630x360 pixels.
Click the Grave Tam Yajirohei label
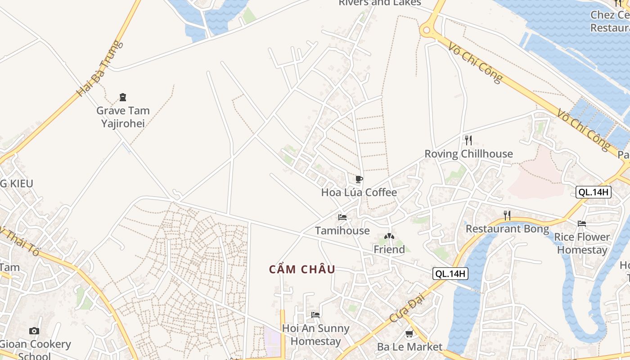123,117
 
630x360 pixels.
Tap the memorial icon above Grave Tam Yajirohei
123,97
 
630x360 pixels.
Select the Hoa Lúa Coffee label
359,193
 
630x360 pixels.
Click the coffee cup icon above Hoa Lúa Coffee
359,180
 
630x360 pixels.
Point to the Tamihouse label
342,231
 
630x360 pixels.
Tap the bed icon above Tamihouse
342,217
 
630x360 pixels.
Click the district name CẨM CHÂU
302,270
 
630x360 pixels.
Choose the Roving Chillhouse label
468,154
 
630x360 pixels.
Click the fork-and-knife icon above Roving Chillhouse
468,140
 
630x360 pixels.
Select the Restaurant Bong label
507,229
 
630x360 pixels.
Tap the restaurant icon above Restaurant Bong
507,216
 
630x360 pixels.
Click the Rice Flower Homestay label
582,243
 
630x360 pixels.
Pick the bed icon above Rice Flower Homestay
582,223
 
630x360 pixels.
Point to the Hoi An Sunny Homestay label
315,335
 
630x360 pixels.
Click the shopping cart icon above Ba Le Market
409,334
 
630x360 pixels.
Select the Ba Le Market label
410,347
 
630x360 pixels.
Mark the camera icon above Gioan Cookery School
34,331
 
